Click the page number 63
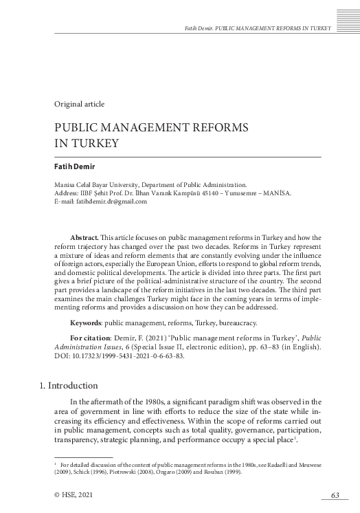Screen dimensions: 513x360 [335, 495]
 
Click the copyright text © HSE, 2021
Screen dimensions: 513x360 [73, 495]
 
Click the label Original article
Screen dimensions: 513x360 [79, 104]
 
